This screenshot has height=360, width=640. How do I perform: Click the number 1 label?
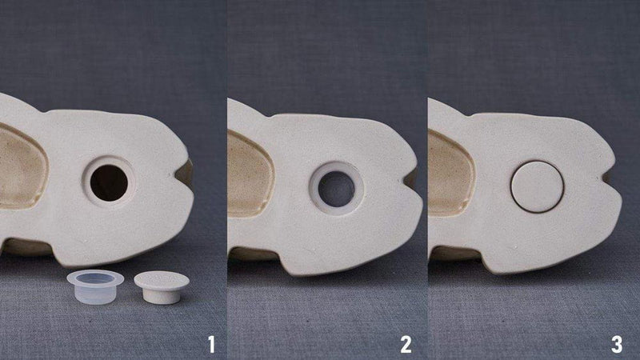click(x=211, y=345)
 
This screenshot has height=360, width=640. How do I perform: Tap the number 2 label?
click(x=406, y=345)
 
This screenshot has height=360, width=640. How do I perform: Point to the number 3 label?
click(x=616, y=345)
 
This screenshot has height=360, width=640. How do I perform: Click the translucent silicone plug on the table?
click(x=95, y=286)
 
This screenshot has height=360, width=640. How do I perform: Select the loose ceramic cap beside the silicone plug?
click(x=162, y=287)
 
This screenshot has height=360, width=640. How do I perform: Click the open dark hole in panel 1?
click(x=109, y=182)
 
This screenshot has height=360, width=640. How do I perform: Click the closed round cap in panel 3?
click(x=537, y=186)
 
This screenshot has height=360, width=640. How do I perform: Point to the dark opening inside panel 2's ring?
click(x=337, y=189)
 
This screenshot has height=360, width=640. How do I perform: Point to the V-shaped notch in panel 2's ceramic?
click(x=410, y=177)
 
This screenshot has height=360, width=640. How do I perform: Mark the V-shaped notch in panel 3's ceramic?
click(x=610, y=178)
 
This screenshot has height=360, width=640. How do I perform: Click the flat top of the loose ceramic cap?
click(x=162, y=280)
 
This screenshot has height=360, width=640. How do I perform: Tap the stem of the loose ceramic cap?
click(x=162, y=296)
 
